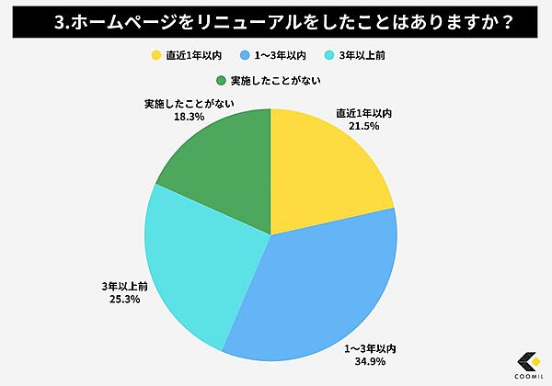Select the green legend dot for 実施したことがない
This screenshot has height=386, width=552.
[x=222, y=80]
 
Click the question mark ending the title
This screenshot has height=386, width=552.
[x=480, y=21]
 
